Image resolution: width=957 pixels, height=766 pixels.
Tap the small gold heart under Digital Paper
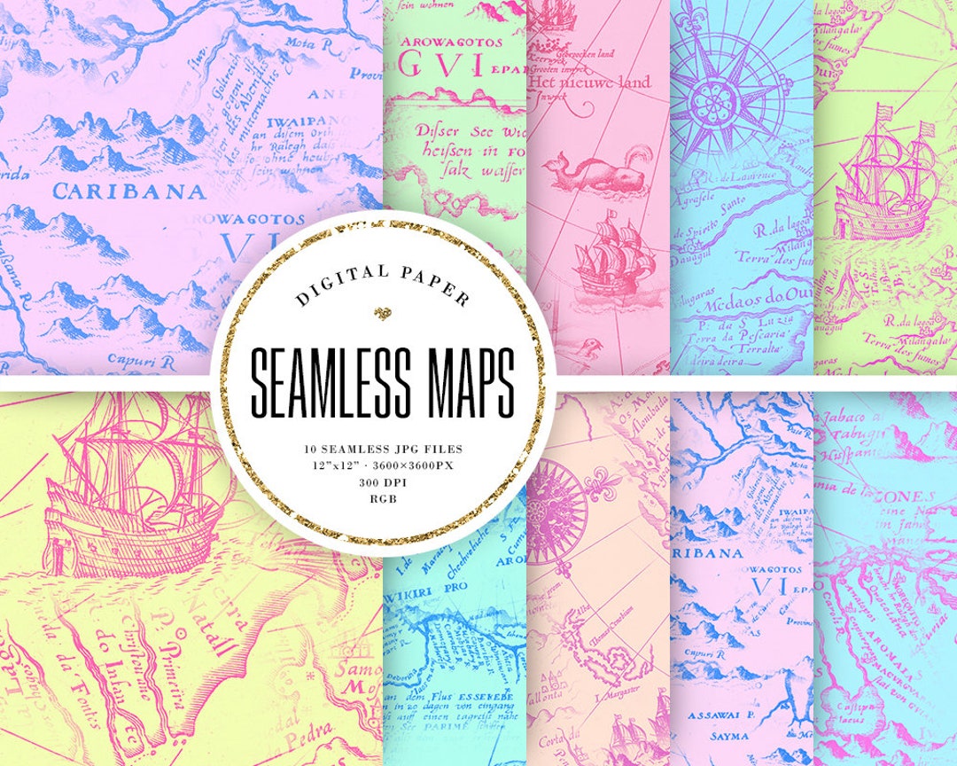(383, 313)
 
